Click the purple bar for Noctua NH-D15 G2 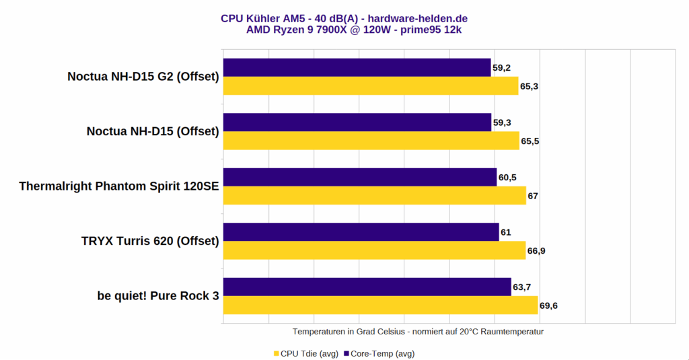pyautogui.click(x=357, y=67)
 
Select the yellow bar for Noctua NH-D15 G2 pyautogui.click(x=370, y=85)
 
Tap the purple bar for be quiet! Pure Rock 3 pyautogui.click(x=367, y=287)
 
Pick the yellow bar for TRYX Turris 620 pyautogui.click(x=374, y=250)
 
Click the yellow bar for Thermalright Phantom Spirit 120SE pyautogui.click(x=374, y=195)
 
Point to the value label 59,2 pyautogui.click(x=502, y=68)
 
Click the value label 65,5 pyautogui.click(x=531, y=141)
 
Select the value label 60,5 pyautogui.click(x=508, y=178)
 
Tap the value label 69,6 pyautogui.click(x=549, y=306)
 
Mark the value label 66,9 pyautogui.click(x=537, y=251)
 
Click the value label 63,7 pyautogui.click(x=523, y=288)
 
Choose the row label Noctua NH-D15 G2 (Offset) pyautogui.click(x=143, y=77)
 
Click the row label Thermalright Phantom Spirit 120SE pyautogui.click(x=119, y=186)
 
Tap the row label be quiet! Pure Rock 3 pyautogui.click(x=158, y=296)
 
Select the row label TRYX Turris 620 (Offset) pyautogui.click(x=151, y=241)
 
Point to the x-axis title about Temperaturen pyautogui.click(x=418, y=332)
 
